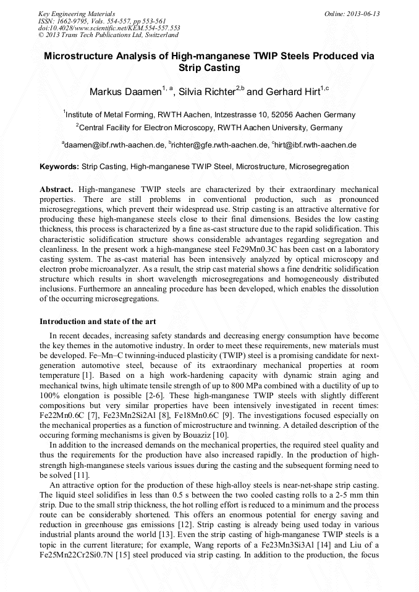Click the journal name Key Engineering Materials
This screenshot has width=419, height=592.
[x=76, y=14]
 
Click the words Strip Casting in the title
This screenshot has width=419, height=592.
[x=209, y=68]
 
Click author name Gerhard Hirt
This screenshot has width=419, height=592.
[x=292, y=92]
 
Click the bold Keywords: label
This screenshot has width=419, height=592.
[x=59, y=167]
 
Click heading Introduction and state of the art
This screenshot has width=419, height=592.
[x=98, y=321]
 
